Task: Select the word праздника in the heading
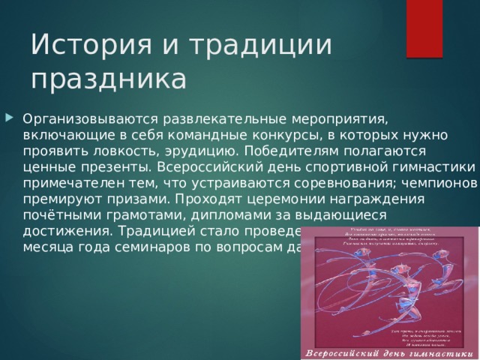click(x=108, y=77)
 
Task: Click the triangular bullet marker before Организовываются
click(x=9, y=118)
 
